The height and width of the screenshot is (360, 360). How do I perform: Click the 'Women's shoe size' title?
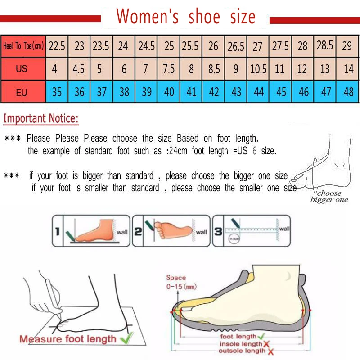(x=185, y=17)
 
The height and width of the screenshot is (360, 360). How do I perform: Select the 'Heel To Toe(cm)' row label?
(x=23, y=46)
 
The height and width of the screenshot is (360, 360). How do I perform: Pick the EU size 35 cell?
(x=57, y=92)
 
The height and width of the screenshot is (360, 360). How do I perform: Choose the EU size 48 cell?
(x=348, y=92)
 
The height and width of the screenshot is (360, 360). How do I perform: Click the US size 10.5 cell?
(x=258, y=70)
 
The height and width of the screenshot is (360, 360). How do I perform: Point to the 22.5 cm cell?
(x=57, y=46)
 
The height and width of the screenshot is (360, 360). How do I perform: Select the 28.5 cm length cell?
(x=325, y=45)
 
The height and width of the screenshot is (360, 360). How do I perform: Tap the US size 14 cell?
(x=348, y=70)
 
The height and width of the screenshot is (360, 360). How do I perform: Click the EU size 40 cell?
(x=169, y=92)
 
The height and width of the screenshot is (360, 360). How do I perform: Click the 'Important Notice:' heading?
(x=41, y=119)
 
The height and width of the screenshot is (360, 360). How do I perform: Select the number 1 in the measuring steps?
(x=57, y=232)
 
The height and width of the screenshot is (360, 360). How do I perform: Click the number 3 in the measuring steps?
(x=217, y=232)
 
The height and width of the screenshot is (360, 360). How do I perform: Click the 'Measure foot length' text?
(x=67, y=339)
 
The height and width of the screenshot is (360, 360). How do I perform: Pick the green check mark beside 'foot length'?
(x=261, y=336)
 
